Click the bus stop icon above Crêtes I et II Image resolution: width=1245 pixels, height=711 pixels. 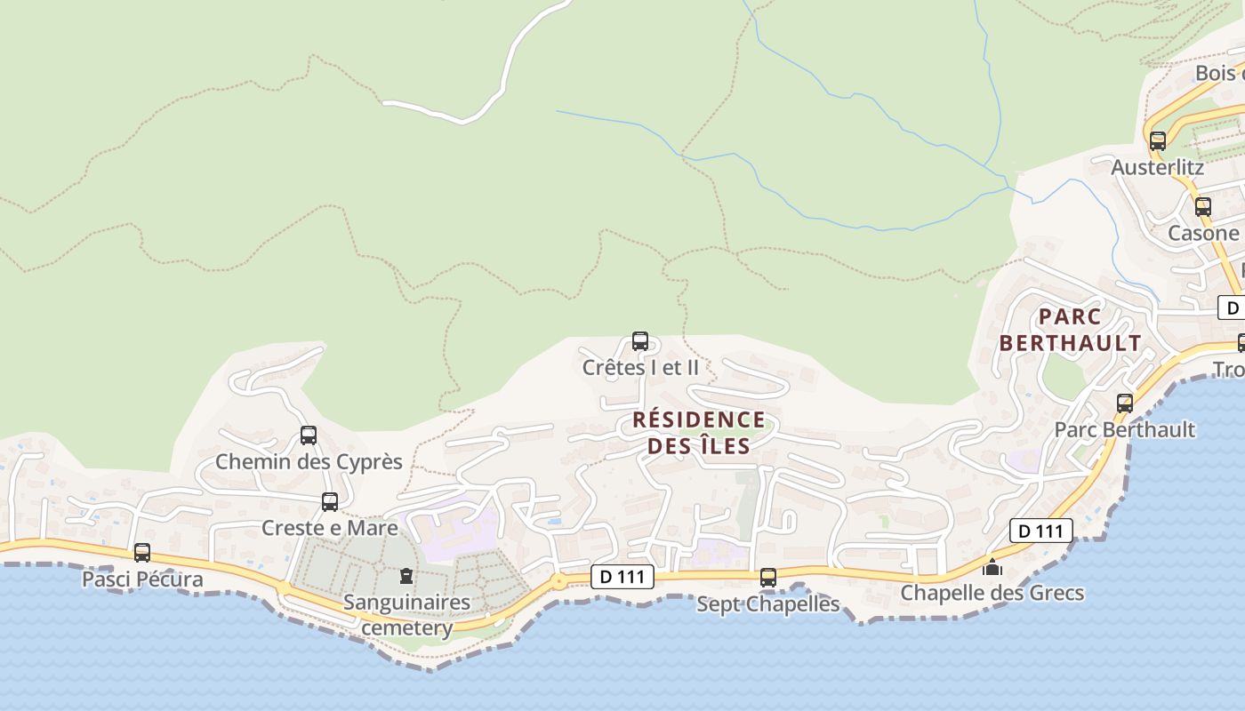click(x=639, y=340)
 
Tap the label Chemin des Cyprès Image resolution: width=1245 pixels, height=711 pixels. click(x=309, y=462)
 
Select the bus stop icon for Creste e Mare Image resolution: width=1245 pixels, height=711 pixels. click(x=330, y=501)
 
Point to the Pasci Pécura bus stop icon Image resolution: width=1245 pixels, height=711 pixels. click(x=142, y=553)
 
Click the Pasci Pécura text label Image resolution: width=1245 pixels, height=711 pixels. click(x=142, y=579)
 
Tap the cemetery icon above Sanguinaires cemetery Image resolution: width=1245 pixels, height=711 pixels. click(x=406, y=576)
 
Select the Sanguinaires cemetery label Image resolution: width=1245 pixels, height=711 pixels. click(x=407, y=615)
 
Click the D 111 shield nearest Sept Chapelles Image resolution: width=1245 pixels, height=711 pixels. click(x=622, y=577)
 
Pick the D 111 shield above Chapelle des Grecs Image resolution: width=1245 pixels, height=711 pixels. click(x=1040, y=531)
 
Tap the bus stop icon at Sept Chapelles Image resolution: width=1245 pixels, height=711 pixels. click(x=768, y=578)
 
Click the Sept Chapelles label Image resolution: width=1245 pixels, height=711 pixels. click(x=768, y=604)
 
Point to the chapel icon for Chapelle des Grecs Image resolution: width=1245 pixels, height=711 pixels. click(x=992, y=566)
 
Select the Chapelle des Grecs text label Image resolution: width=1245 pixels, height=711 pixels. click(x=992, y=593)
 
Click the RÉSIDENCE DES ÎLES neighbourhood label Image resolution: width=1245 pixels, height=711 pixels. click(x=699, y=432)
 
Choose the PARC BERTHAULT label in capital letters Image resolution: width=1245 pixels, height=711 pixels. click(x=1070, y=330)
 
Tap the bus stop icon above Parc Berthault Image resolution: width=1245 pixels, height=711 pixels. click(x=1125, y=403)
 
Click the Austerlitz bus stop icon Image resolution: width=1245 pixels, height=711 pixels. click(x=1158, y=140)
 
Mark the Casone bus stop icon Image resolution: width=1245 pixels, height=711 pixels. click(x=1203, y=206)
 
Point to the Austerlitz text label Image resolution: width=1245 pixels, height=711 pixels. click(x=1158, y=167)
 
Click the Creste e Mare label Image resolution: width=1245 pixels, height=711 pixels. click(x=330, y=528)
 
